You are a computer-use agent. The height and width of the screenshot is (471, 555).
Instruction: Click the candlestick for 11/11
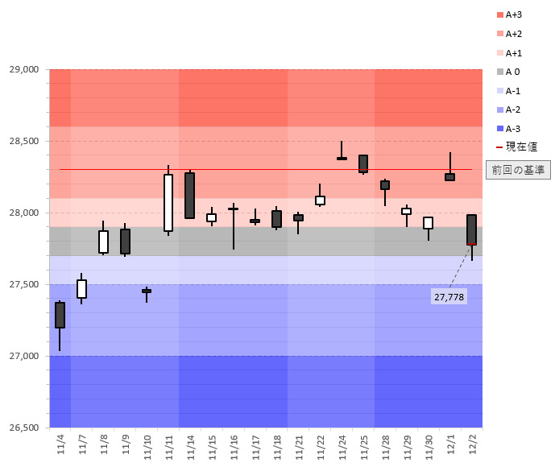click(168, 202)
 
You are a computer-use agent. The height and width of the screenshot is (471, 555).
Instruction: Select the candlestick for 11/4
click(60, 315)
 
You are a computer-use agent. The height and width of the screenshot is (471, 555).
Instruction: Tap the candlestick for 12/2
click(471, 229)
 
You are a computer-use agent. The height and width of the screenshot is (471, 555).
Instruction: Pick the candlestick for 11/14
click(189, 195)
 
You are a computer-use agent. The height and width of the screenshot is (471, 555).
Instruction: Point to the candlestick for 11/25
click(363, 163)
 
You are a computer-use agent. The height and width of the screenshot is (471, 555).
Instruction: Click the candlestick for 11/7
click(81, 289)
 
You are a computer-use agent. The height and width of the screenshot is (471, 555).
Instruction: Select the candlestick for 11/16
click(233, 209)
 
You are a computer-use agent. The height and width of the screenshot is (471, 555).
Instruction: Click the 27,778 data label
click(449, 297)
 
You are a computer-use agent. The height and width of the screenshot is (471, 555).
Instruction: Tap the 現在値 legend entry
click(516, 147)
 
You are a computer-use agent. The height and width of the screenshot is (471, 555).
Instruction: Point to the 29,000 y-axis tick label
click(23, 69)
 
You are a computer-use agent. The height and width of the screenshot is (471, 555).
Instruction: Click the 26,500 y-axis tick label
click(23, 428)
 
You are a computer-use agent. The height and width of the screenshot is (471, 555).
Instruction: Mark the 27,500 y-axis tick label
click(23, 284)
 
